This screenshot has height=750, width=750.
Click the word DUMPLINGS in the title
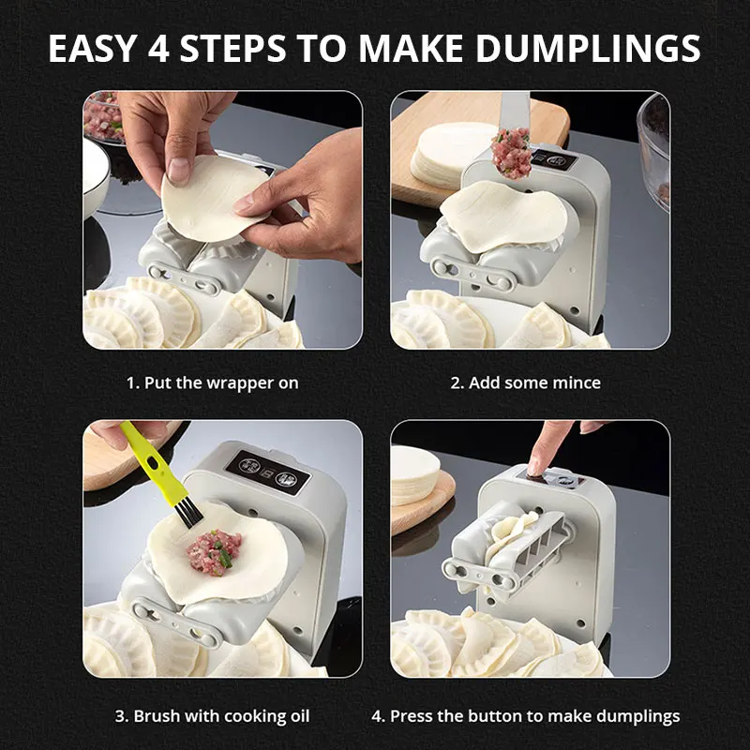coord(588,48)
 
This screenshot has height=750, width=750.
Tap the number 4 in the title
coord(158,49)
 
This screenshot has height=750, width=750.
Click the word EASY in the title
coord(92,49)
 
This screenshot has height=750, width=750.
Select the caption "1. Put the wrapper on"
coord(213,382)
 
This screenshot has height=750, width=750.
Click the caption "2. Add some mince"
coord(525,382)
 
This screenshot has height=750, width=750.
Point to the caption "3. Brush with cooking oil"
coord(213,716)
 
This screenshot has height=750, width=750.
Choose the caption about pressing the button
coord(526,716)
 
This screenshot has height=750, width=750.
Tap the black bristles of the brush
coord(188,511)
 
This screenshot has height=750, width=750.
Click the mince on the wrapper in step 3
coord(214,551)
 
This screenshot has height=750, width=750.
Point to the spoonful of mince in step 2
coord(511,153)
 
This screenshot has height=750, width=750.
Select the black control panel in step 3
coord(268,472)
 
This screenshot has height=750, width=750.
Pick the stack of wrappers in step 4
coord(414,475)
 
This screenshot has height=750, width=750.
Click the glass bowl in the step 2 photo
coord(654,148)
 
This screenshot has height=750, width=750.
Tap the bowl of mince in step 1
coord(103,117)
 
